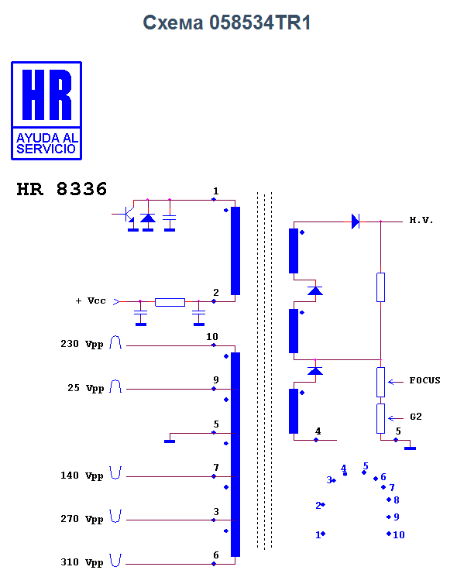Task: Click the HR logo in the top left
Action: (46, 111)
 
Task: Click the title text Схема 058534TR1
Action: (227, 22)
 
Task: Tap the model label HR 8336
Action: (62, 189)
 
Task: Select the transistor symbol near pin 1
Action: (126, 215)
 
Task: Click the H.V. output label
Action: (421, 220)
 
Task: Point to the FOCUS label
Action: (425, 380)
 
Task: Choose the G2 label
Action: (416, 417)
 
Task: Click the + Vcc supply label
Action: (91, 301)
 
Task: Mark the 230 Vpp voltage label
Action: (81, 344)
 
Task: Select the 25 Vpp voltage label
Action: (85, 388)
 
